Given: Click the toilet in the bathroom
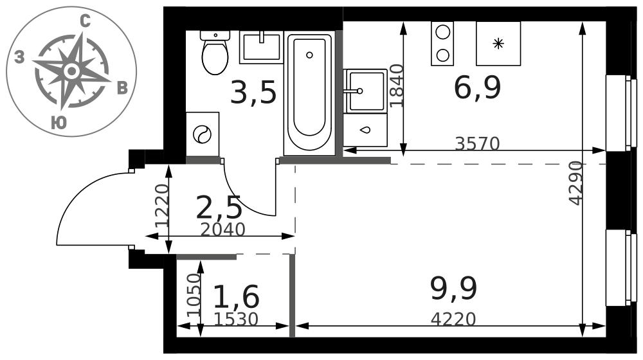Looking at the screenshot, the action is tap(215, 53).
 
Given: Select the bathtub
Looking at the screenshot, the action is tap(310, 94).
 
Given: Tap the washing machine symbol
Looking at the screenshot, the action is tap(202, 134).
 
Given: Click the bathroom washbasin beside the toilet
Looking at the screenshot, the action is tap(261, 47).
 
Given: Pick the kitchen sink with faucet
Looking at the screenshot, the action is tap(365, 91).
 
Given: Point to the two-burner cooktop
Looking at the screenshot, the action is tap(442, 44).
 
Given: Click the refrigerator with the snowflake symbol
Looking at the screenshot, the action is tap(498, 44).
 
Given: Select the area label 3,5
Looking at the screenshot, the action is tap(253, 93).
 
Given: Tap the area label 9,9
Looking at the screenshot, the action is tap(453, 288).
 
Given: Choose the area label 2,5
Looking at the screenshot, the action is tap(219, 208).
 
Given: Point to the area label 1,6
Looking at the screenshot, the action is tap(237, 296).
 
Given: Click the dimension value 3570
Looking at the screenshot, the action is tap(477, 143).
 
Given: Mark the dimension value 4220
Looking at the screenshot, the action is tap(453, 319).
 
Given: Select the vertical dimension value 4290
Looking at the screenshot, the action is tap(575, 183).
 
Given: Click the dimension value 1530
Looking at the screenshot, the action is tap(236, 319).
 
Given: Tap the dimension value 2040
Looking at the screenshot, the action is tap(222, 230).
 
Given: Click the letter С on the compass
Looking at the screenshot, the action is tap(85, 21).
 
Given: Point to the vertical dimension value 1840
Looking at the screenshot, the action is tap(397, 85).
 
